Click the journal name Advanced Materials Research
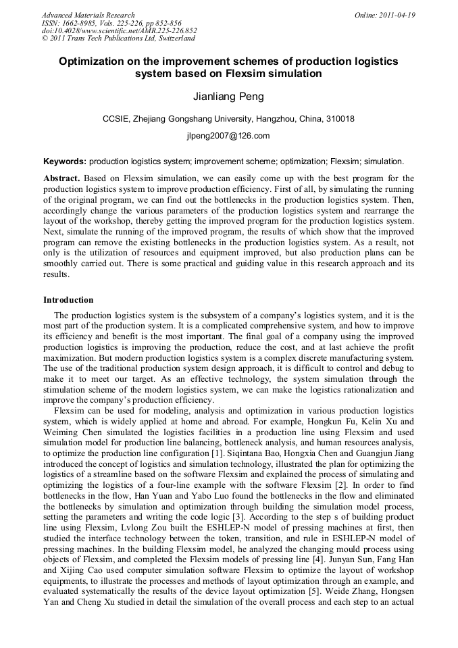click(x=88, y=15)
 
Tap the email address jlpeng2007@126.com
click(x=228, y=136)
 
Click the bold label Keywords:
click(x=65, y=161)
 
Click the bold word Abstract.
click(x=61, y=178)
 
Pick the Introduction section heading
click(x=68, y=300)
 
